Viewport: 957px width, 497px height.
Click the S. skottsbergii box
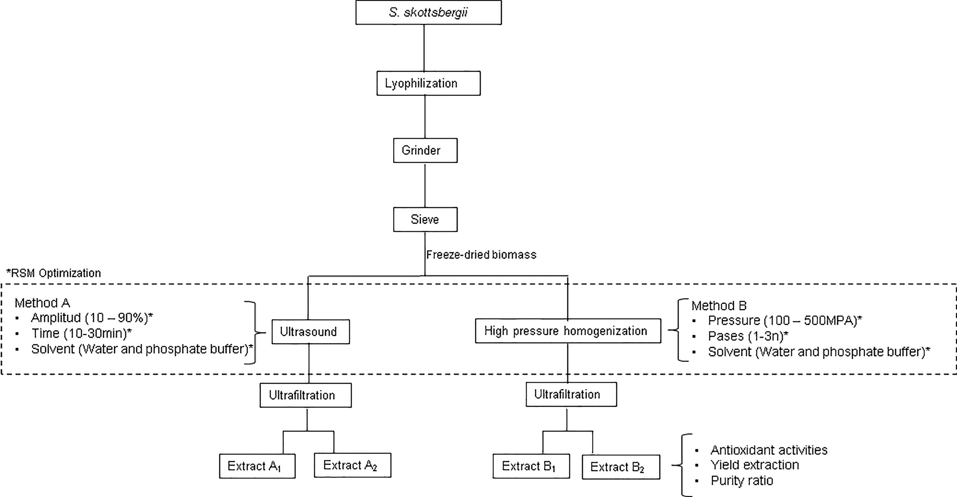click(x=428, y=13)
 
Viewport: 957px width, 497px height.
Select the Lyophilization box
click(x=428, y=83)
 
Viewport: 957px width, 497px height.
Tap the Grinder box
click(x=425, y=150)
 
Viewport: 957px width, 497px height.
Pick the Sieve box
click(x=425, y=219)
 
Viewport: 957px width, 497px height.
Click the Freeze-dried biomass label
click(x=481, y=255)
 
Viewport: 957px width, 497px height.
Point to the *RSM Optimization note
click(x=54, y=273)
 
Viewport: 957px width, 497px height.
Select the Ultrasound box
click(x=310, y=331)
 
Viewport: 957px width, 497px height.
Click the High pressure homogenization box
click(x=568, y=331)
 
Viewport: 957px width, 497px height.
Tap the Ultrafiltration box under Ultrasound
click(x=305, y=395)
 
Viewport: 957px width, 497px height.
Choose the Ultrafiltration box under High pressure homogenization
click(x=571, y=394)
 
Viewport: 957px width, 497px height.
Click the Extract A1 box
click(x=257, y=466)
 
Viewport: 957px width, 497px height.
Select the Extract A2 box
click(x=352, y=465)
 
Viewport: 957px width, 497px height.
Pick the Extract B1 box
click(x=531, y=466)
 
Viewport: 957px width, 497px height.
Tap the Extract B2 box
click(x=621, y=467)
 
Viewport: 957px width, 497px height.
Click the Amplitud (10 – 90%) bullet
click(x=92, y=318)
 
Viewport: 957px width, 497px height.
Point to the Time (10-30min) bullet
click(x=81, y=334)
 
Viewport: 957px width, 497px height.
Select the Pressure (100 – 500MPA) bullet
click(x=784, y=320)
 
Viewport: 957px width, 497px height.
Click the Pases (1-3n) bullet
click(x=748, y=336)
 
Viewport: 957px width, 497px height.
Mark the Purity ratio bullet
click(x=741, y=481)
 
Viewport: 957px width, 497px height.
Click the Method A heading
click(x=42, y=303)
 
